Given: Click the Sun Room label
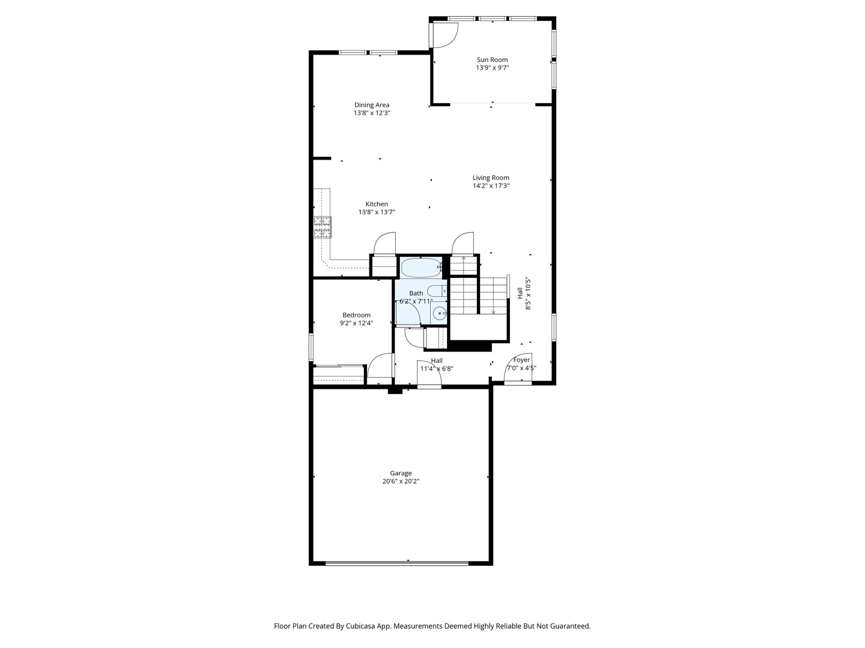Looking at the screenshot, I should (x=492, y=60).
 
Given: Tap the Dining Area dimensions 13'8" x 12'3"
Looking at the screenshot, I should (x=372, y=113).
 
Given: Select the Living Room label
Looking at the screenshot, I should (x=491, y=178).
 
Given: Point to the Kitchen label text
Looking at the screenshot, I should (x=377, y=204).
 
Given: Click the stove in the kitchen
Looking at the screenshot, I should (x=323, y=227).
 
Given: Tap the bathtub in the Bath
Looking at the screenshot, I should (x=420, y=267).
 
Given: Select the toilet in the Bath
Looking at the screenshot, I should (x=438, y=292).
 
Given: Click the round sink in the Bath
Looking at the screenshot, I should (x=439, y=313).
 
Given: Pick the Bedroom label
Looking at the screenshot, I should (x=356, y=315).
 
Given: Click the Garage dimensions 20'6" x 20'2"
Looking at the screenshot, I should (x=401, y=481).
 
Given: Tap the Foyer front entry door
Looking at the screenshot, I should (x=518, y=369).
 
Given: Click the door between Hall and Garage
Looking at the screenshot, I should (x=428, y=375).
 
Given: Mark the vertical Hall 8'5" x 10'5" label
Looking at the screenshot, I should (x=524, y=293).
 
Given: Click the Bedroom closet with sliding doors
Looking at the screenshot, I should (x=339, y=374).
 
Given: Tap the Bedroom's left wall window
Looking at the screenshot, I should (x=311, y=347).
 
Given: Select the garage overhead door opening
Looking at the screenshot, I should (x=396, y=563).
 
